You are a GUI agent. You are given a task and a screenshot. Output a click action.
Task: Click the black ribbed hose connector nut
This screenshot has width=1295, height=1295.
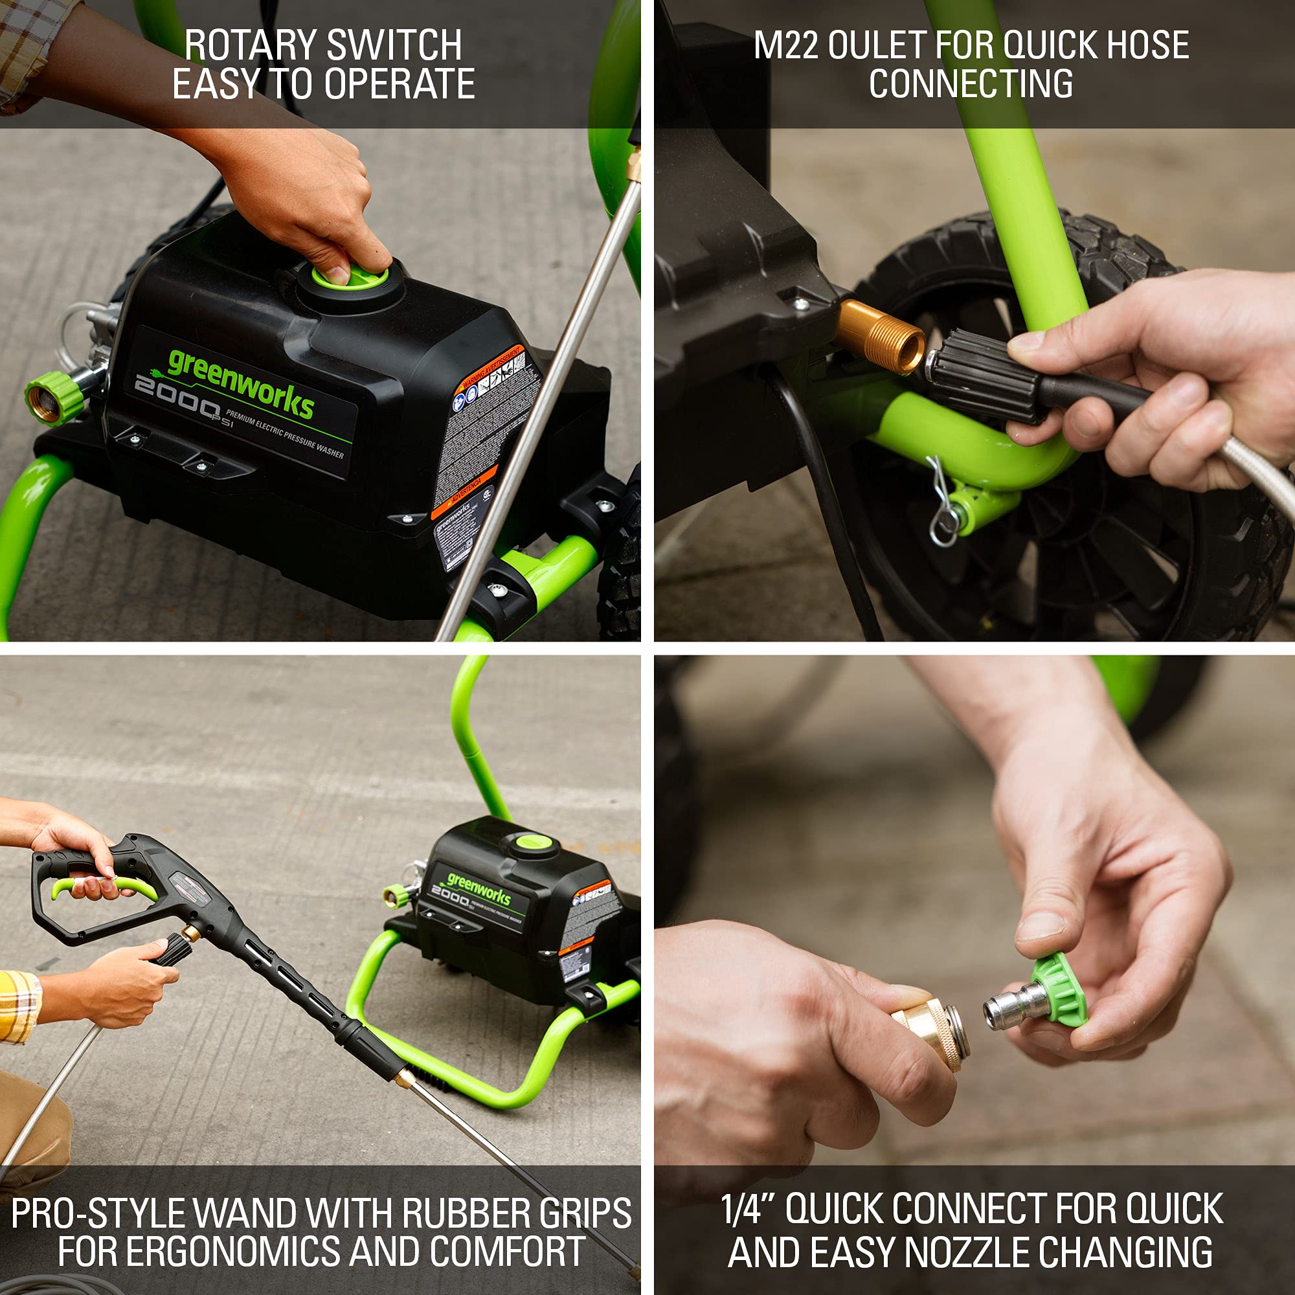coord(982,376)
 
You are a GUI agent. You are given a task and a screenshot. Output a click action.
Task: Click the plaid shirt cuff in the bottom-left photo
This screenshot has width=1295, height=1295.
coord(19,1006)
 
